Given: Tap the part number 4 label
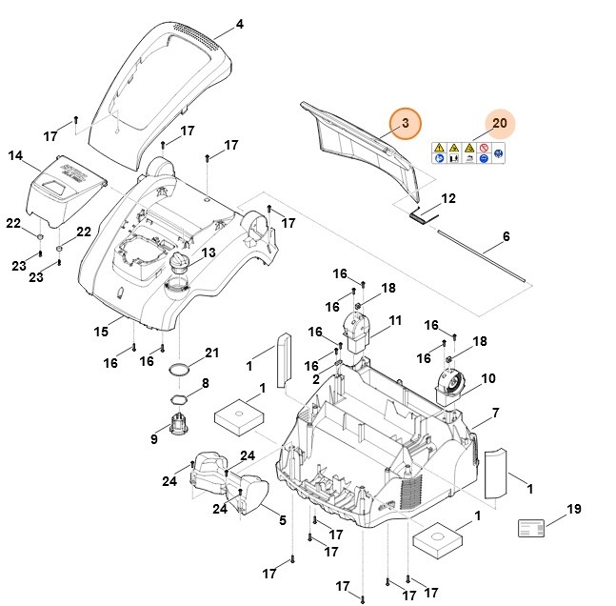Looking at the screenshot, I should click(x=239, y=24).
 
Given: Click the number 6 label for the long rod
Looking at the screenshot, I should click(x=506, y=236).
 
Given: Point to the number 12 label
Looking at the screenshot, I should click(x=448, y=198).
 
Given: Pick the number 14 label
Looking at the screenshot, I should click(x=14, y=155).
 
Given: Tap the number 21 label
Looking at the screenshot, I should click(x=211, y=353).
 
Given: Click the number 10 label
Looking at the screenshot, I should click(x=488, y=378).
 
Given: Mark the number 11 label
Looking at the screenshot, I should click(x=395, y=319).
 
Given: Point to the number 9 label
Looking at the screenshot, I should click(x=154, y=439).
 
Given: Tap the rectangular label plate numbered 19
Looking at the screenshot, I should click(x=532, y=529).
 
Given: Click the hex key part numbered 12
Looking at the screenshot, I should click(x=421, y=214).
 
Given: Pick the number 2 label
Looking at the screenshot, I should click(x=316, y=379).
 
